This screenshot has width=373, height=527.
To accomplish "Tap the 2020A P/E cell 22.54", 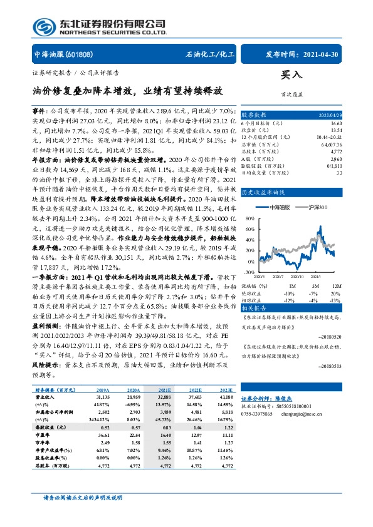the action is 137,434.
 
